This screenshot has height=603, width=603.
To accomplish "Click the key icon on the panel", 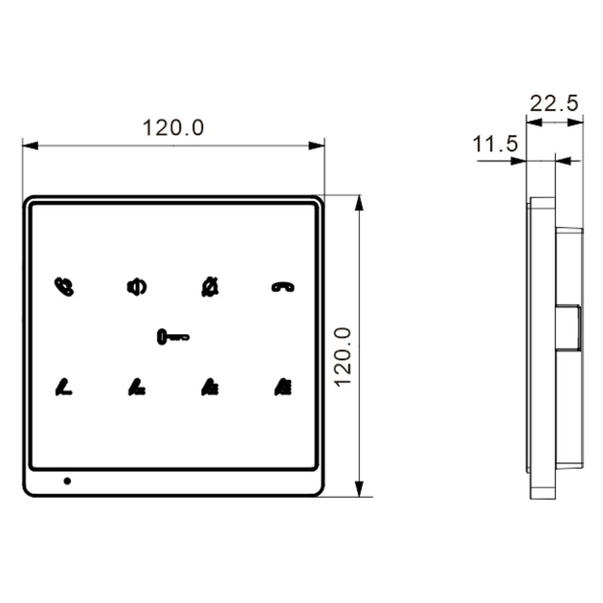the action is tap(173, 337).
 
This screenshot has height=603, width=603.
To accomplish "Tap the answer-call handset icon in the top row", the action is tap(64, 287).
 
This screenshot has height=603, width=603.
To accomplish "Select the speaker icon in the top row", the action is tap(137, 287).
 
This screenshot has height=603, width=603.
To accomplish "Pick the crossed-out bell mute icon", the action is tap(210, 287).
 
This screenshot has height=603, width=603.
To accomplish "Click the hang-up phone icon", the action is tap(283, 287).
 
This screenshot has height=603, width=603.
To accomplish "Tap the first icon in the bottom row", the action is tap(64, 388).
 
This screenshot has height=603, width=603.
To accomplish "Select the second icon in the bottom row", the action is tap(137, 388).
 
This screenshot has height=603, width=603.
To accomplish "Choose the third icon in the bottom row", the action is tap(210, 388).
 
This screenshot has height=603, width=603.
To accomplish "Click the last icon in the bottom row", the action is tap(283, 388).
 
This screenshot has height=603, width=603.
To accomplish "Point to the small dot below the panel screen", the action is tap(67, 480).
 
